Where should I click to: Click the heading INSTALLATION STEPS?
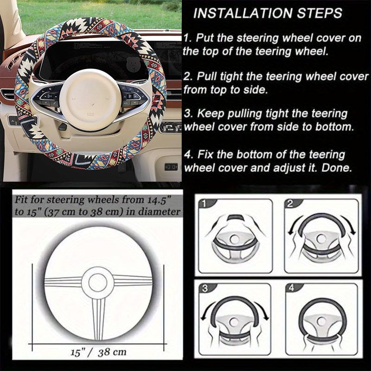(x=268, y=13)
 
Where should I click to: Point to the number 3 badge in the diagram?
(x=205, y=288)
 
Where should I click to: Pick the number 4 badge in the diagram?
(x=291, y=288)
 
